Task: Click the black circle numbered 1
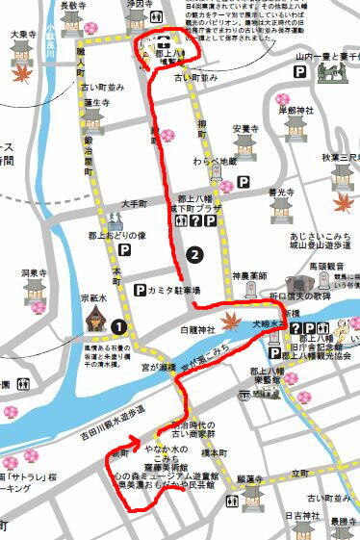(118, 326)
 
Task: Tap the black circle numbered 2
(196, 255)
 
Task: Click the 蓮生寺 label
(97, 102)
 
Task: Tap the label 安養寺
(244, 129)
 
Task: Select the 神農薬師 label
(248, 276)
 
